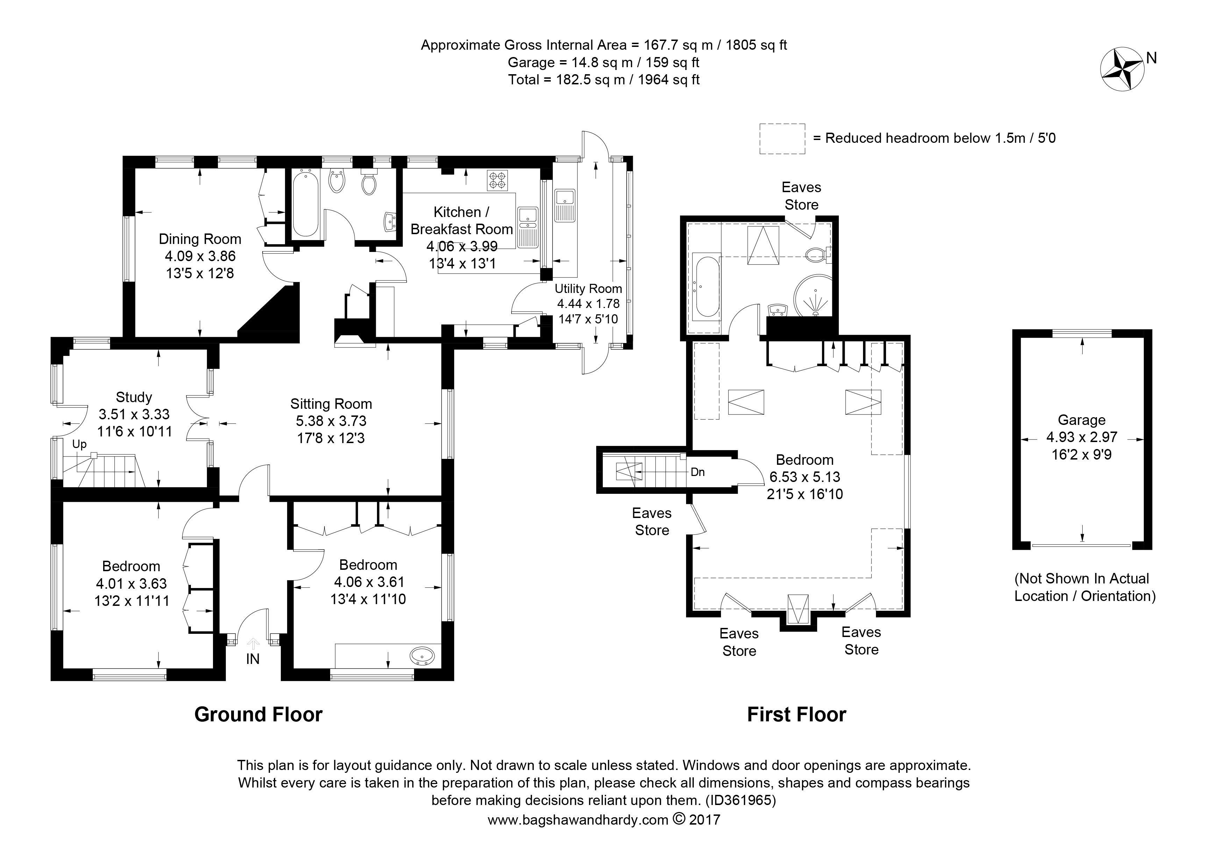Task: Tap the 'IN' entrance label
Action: coord(253,659)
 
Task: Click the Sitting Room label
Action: coord(331,404)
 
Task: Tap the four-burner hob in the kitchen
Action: coord(497,180)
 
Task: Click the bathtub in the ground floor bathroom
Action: coord(305,203)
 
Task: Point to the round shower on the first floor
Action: coord(813,296)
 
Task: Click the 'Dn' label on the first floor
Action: coord(698,472)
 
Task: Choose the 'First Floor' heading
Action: coord(796,714)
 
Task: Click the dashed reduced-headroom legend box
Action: coord(782,139)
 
